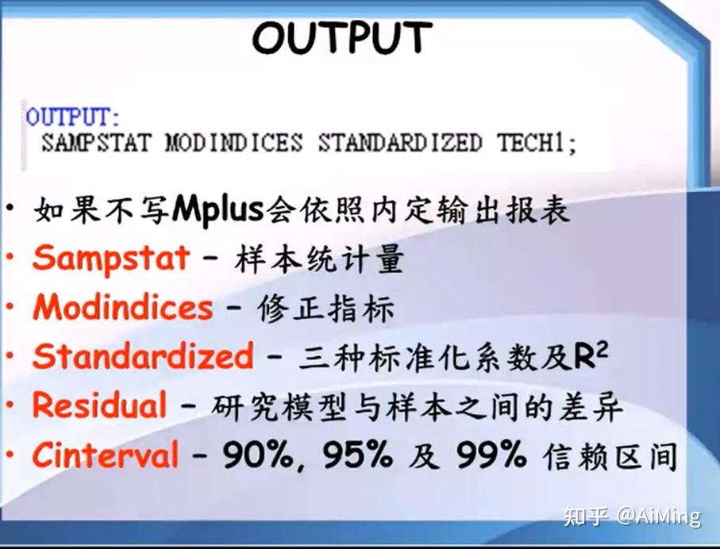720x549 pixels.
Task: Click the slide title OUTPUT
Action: (342, 37)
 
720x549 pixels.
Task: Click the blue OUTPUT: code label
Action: (73, 117)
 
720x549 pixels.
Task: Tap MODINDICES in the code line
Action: (233, 144)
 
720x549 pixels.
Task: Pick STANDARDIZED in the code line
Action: (399, 144)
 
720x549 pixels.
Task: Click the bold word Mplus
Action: (218, 209)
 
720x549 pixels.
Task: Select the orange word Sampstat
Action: (111, 258)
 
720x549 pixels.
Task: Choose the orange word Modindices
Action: (123, 307)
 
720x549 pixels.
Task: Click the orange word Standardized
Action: (143, 356)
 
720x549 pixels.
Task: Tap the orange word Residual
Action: (99, 405)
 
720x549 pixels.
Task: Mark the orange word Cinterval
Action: (106, 455)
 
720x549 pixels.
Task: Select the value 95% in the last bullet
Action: (357, 455)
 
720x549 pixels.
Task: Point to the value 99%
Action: (491, 455)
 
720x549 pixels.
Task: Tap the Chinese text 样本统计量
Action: (320, 259)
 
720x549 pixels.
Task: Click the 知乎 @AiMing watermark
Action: (632, 516)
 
